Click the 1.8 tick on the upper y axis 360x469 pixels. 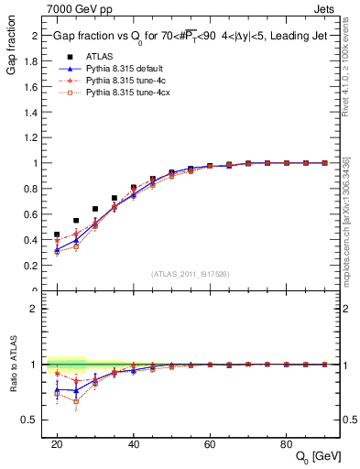click(35, 60)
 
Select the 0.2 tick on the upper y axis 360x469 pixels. click(35, 266)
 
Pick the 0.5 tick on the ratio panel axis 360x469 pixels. click(35, 420)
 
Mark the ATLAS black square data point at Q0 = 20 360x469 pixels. click(57, 234)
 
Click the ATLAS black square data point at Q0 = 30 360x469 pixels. click(95, 209)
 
